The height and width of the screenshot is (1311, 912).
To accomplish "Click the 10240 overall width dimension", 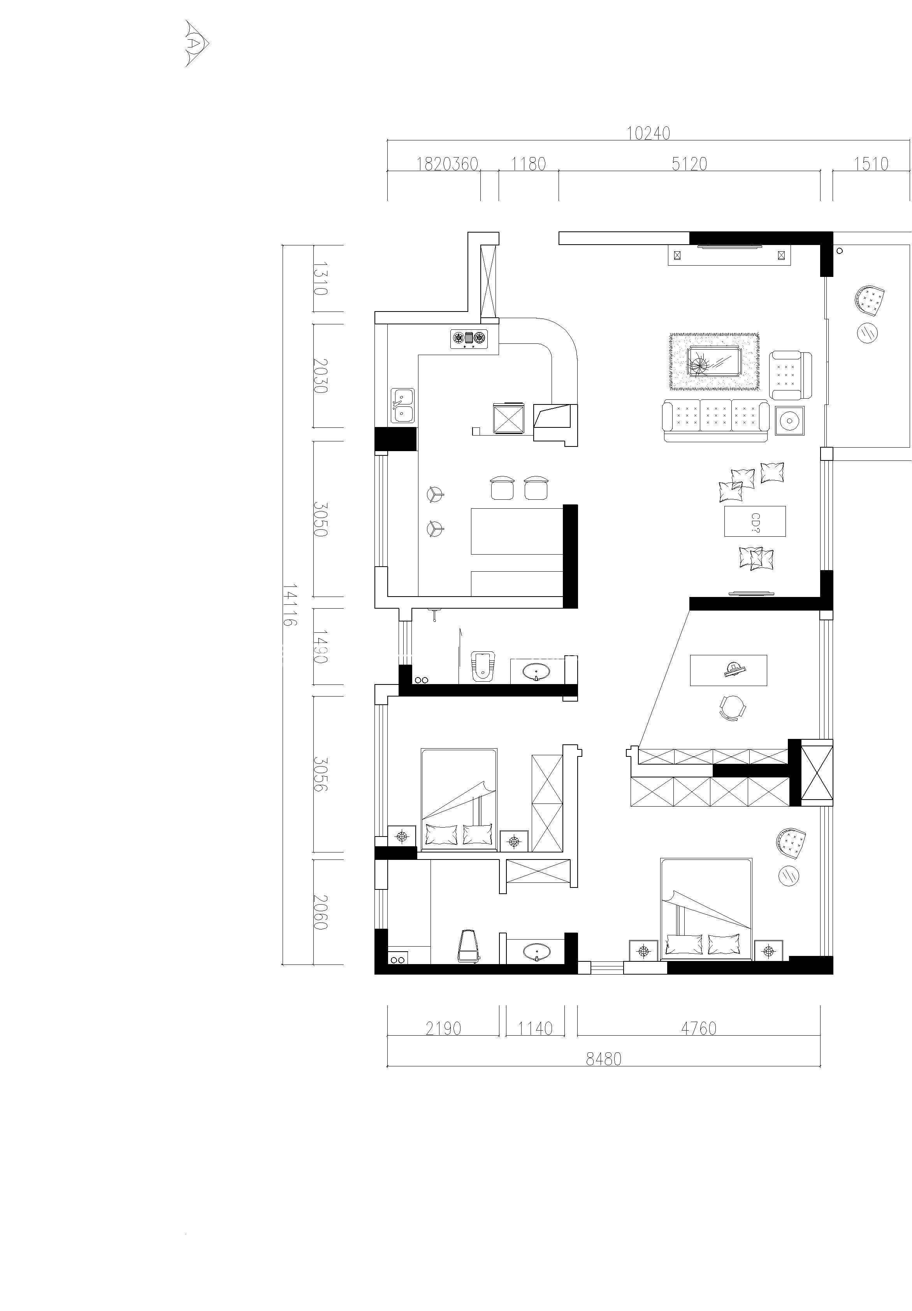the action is click(648, 133).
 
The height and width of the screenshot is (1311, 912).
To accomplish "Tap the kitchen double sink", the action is click(403, 405).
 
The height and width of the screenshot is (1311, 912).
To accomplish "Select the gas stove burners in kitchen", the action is click(469, 339).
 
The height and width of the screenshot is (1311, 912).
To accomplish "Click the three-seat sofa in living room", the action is click(716, 422).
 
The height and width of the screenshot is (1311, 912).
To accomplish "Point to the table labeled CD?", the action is click(755, 521).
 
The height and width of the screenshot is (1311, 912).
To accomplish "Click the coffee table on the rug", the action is click(715, 361).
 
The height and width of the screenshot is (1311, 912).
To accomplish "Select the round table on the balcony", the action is click(867, 332).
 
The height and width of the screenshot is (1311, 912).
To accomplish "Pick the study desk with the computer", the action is click(729, 670).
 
